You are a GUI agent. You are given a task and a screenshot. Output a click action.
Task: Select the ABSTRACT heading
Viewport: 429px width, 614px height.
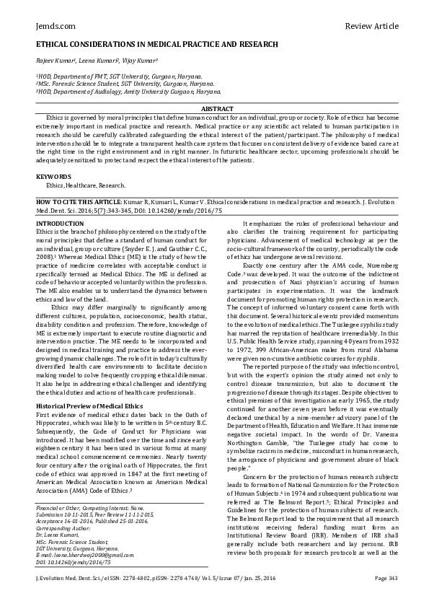coord(215,108)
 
